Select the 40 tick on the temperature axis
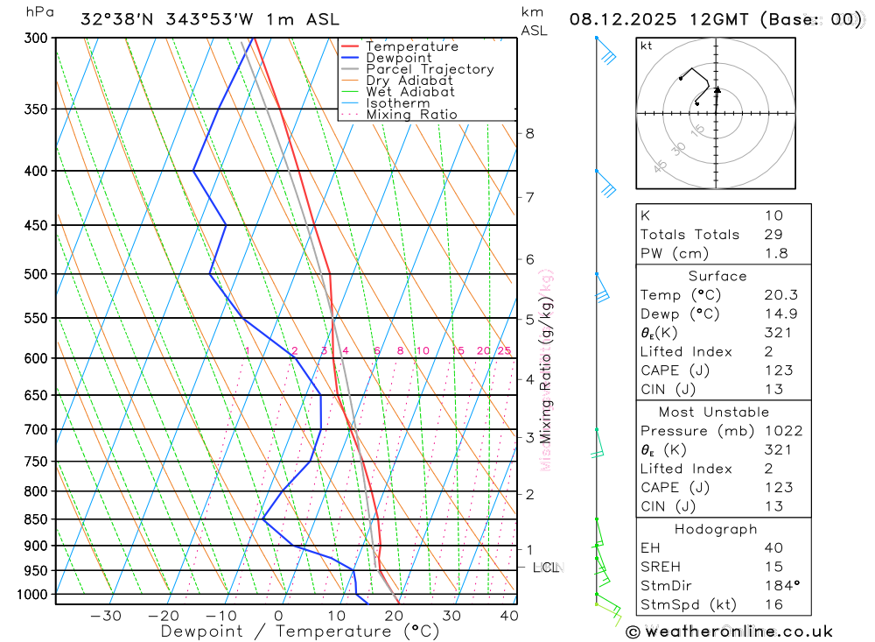pos(508,616)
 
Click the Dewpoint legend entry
pos(399,58)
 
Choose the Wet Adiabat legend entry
pos(410,91)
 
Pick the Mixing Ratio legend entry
pos(411,114)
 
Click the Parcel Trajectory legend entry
pos(430,69)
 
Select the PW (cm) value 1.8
pos(775,254)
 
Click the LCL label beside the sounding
pos(545,568)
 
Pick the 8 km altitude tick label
pos(529,133)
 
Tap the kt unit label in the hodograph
pos(647,46)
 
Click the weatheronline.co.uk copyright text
pos(730,631)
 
